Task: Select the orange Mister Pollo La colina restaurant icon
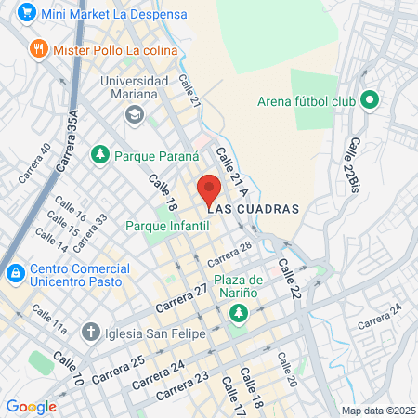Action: click(38, 48)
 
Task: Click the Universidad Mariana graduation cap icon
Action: click(134, 114)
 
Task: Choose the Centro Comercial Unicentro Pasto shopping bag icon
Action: click(15, 274)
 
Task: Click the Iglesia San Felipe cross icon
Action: click(90, 331)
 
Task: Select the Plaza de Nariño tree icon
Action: click(240, 313)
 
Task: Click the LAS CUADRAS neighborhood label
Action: click(253, 209)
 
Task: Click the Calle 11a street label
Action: click(47, 320)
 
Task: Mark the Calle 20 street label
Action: click(282, 368)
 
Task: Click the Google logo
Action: click(31, 407)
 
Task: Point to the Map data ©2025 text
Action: click(375, 411)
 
